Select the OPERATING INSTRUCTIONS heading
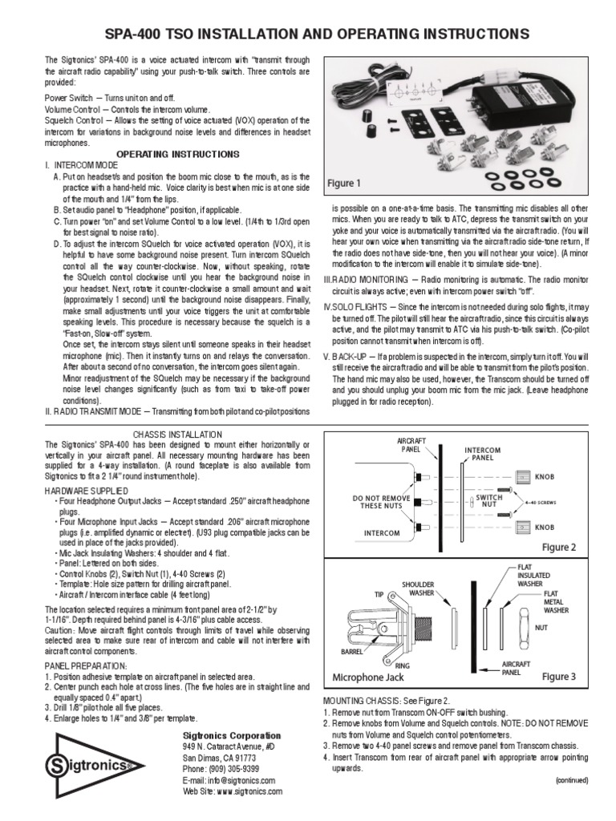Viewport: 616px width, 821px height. click(178, 153)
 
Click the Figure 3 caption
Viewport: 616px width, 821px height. click(558, 677)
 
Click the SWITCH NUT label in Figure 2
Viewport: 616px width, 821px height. click(488, 500)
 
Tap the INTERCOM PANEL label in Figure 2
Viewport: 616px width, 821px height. click(482, 455)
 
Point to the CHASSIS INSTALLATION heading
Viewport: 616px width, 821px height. click(178, 434)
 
